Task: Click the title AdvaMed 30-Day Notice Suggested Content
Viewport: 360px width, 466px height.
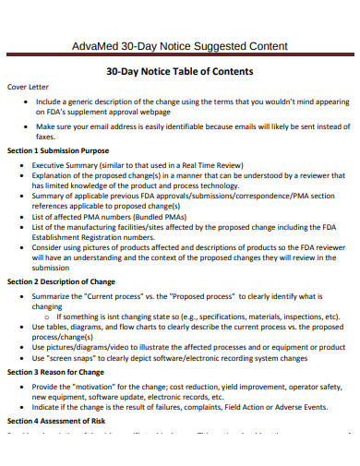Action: (179, 46)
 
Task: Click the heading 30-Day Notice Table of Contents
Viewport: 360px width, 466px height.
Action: (179, 71)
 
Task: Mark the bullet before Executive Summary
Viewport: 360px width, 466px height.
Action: (21, 164)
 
